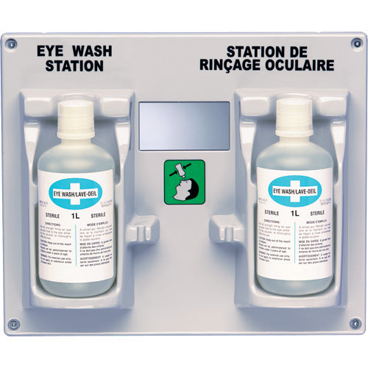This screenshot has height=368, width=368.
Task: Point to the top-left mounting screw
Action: [x=10, y=43]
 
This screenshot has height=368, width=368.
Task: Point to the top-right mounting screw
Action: [x=357, y=43]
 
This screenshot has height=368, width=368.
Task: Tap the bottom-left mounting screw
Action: [x=13, y=323]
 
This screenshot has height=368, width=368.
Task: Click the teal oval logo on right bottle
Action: [x=292, y=192]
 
